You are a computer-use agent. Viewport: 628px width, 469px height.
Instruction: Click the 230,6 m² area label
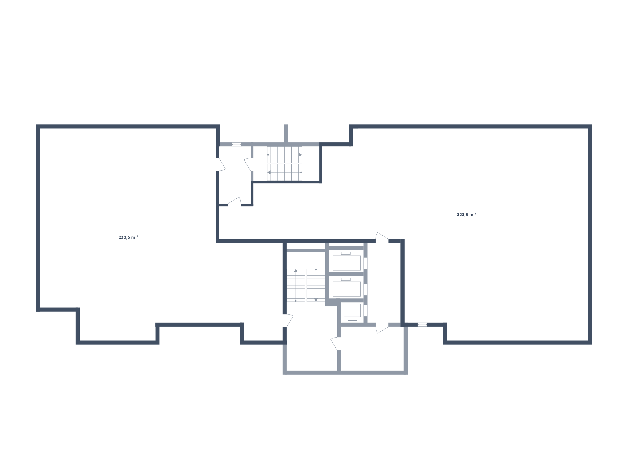point(128,237)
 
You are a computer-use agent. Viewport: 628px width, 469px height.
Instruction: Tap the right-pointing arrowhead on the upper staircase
point(300,155)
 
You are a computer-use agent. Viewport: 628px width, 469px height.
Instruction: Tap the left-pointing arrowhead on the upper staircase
point(269,172)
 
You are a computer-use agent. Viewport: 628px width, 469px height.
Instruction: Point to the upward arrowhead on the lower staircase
point(296,270)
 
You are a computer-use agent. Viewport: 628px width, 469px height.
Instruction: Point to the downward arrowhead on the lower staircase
point(316,300)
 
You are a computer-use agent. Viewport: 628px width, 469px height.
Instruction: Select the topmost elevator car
point(346,263)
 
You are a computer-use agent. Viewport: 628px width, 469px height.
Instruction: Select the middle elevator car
point(346,289)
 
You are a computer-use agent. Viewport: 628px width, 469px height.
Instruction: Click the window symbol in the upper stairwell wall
point(237,144)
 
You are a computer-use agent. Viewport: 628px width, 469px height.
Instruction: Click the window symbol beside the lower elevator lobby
point(422,325)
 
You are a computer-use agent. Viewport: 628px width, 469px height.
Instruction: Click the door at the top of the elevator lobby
point(382,238)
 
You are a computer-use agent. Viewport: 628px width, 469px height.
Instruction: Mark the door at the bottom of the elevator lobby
point(382,328)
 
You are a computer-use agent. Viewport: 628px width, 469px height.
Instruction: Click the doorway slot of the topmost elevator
point(366,263)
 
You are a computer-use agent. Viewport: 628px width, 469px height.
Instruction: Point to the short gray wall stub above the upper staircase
point(286,133)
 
